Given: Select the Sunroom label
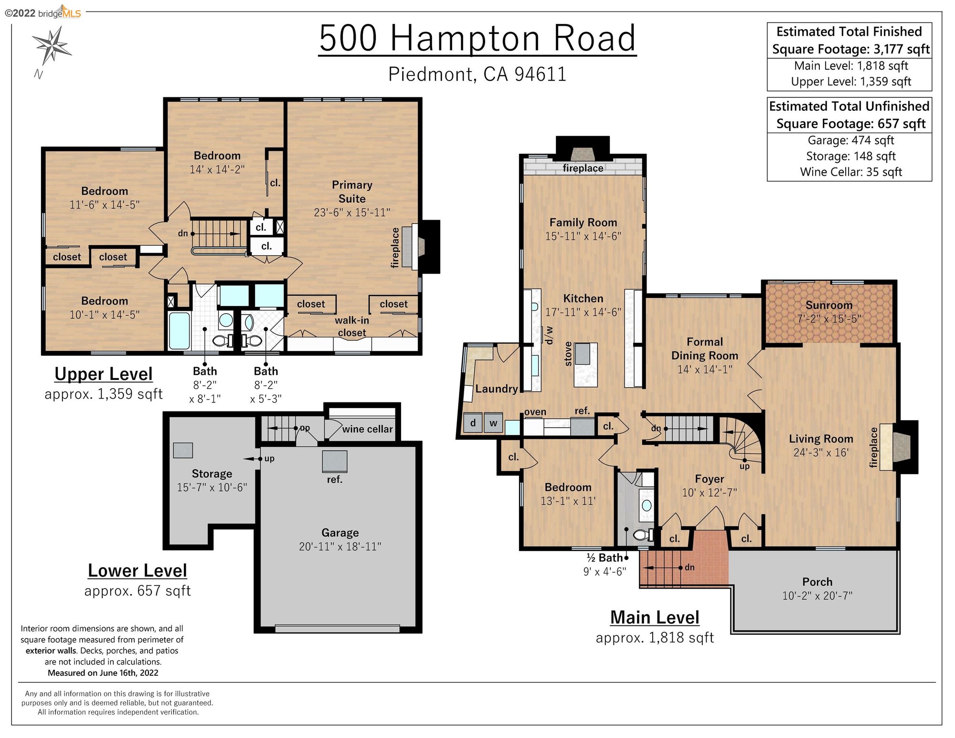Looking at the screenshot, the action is point(829,305).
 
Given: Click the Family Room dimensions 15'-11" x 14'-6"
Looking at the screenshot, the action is point(583,236).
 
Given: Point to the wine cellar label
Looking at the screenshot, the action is point(367,429).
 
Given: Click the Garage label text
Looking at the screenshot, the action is point(340,533).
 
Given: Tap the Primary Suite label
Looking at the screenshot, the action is point(352,192).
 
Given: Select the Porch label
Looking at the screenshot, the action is point(817,582).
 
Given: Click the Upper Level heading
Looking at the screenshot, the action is point(104,374).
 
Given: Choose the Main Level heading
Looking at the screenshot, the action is point(655,617).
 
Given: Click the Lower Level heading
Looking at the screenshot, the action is point(138,570).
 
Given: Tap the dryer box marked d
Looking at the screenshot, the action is point(473,423).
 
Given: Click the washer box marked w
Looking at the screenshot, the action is point(493,423).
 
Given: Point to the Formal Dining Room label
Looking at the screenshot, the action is point(705,348).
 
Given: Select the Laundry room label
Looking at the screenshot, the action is point(497,389).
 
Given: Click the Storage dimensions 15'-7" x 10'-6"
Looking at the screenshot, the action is point(212,487).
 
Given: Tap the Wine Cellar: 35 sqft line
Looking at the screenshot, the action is point(851,172).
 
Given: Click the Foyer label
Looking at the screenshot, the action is point(710,479).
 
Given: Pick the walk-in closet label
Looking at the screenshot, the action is point(352,327).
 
